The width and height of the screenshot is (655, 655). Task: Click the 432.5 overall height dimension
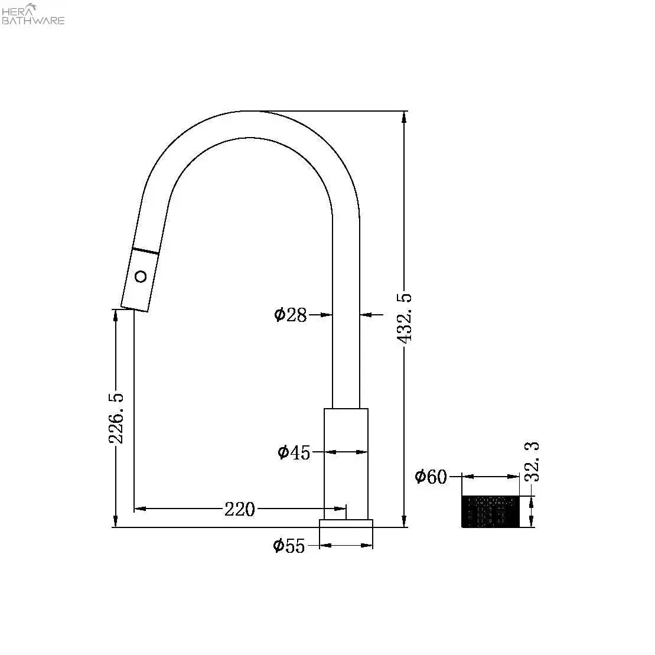405,319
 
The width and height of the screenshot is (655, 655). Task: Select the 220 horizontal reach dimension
240,509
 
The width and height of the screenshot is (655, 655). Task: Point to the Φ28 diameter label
291,315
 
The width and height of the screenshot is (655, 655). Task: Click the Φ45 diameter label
294,452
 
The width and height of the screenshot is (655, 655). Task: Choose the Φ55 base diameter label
289,546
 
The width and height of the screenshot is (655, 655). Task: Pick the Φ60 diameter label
431,477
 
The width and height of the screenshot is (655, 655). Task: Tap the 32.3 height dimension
532,462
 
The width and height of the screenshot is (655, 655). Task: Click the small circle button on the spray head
141,276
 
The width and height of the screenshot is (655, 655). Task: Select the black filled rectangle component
490,511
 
